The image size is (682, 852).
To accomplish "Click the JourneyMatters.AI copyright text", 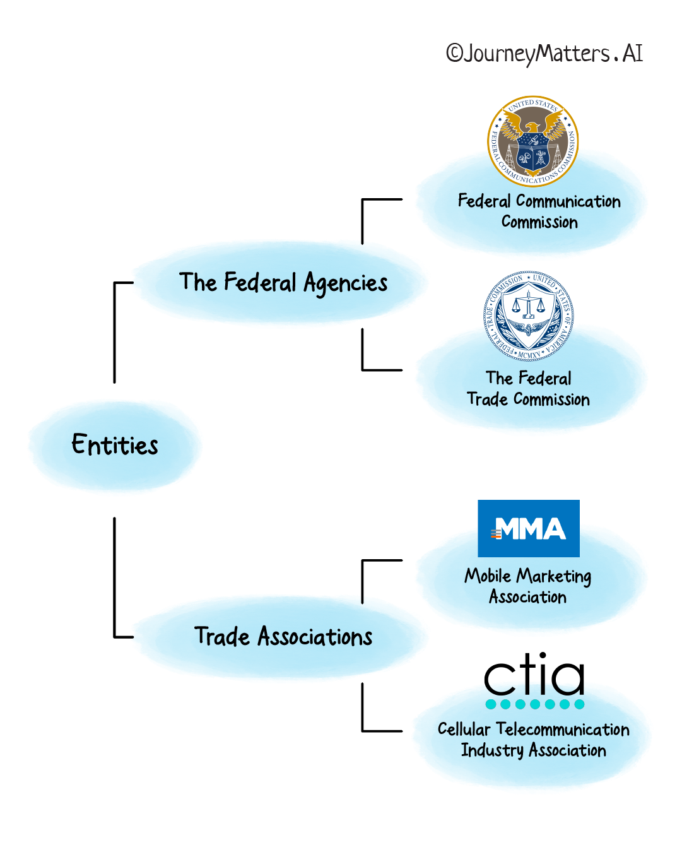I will click(544, 54).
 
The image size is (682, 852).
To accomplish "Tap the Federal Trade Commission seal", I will click(529, 316).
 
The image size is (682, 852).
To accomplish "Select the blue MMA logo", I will click(529, 528).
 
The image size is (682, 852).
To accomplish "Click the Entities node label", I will click(115, 445).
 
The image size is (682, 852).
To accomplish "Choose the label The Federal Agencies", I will click(283, 283).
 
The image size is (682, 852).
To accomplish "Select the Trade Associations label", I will click(283, 637).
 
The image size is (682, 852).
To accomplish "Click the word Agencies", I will click(346, 284).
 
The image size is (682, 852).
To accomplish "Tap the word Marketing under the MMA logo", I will click(554, 576).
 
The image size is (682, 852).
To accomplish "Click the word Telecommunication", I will click(563, 730).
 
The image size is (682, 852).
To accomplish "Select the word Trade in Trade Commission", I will click(487, 399).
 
